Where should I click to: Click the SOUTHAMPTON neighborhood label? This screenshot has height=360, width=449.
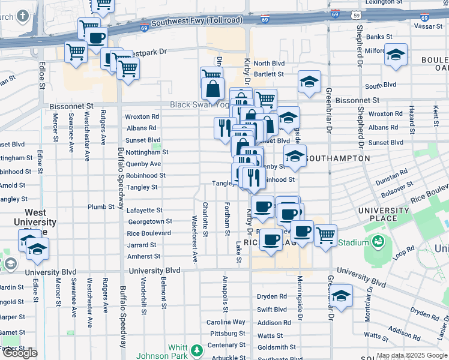point(337,158)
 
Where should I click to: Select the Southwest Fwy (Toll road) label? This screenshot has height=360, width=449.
point(196,21)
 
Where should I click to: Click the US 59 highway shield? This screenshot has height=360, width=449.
point(356,15)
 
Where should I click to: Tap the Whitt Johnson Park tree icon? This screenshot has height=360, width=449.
point(196,350)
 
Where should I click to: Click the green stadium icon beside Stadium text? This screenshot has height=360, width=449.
point(378,242)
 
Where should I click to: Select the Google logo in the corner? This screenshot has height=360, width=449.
point(20,353)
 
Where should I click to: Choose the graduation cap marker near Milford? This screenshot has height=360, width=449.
point(396,55)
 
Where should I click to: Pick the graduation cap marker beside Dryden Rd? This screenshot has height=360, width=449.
point(341,296)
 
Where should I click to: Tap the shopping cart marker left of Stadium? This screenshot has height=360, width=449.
point(325,235)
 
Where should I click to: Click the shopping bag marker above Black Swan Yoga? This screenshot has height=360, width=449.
point(213,89)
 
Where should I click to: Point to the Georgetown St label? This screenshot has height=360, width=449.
point(149,222)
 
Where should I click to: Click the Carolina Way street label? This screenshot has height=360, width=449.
point(226,322)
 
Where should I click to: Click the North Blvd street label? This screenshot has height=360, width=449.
point(269,64)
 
